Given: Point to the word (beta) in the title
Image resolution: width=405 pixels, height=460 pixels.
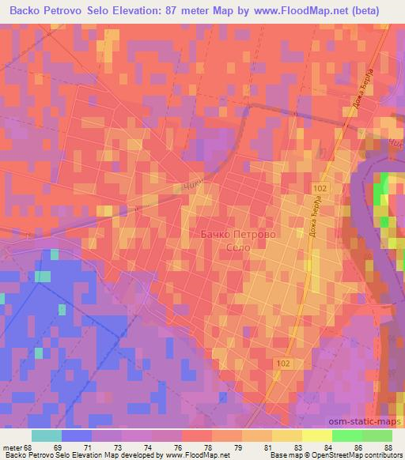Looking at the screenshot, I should pos(363,11).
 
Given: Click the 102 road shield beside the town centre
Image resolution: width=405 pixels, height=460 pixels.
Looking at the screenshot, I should pos(320,187).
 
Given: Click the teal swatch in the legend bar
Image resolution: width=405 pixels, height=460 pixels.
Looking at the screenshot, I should pos(47,435).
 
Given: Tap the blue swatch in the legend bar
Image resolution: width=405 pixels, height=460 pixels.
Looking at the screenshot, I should pos(77,435).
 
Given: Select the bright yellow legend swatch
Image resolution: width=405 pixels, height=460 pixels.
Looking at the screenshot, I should pos(316,435).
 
